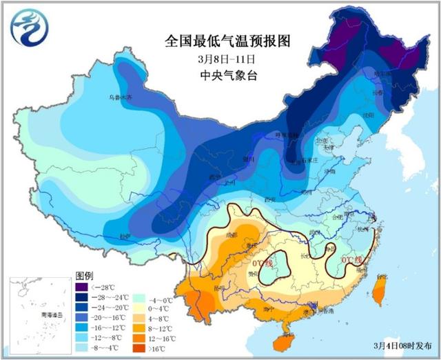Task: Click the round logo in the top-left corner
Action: click(x=25, y=27)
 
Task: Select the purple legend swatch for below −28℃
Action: click(x=82, y=286)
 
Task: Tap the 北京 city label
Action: click(x=320, y=141)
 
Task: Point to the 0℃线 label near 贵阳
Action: click(x=262, y=263)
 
